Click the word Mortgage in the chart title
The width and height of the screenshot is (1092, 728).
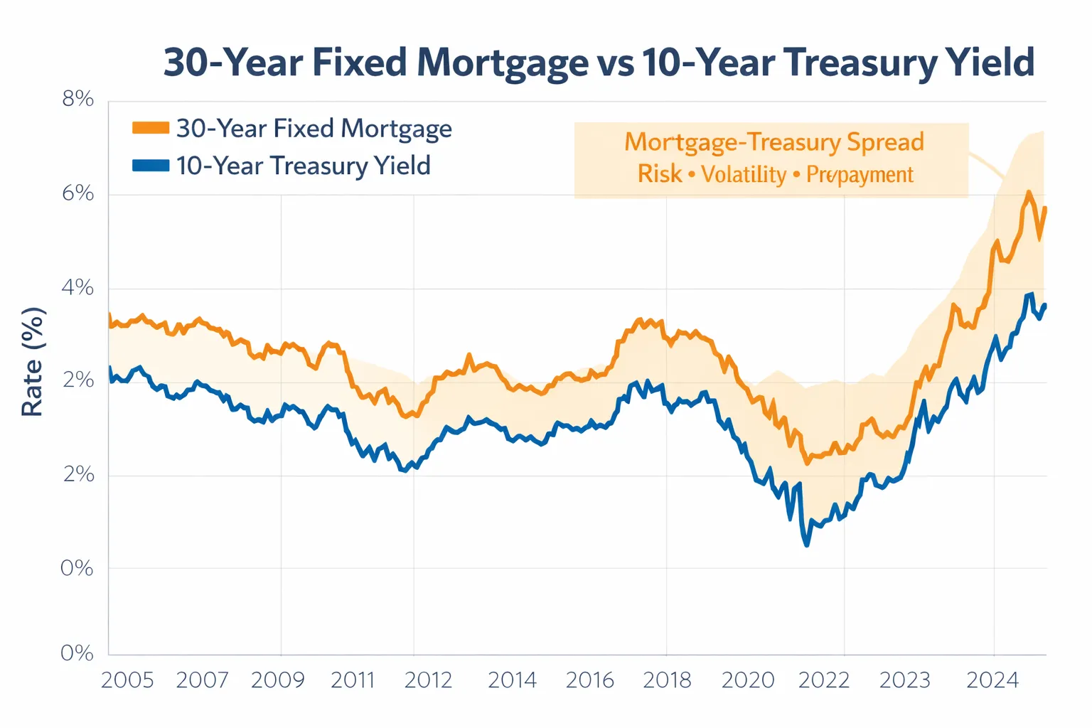502,63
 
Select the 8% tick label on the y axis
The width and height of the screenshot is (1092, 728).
78,100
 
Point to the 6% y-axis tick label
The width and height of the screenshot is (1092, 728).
78,193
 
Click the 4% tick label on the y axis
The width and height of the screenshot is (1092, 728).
78,288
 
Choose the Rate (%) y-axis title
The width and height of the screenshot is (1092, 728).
33,362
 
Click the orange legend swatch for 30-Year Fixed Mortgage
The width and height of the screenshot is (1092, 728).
151,128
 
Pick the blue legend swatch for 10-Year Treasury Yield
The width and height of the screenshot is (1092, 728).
151,166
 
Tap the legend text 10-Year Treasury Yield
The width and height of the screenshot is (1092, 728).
304,166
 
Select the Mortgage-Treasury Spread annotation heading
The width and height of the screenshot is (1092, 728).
774,142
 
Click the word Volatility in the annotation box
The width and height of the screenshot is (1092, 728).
744,174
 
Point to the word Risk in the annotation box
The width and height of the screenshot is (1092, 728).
659,174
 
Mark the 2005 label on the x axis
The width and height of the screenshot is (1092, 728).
127,680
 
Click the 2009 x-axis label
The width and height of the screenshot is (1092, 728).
277,680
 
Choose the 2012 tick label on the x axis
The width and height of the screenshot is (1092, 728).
428,680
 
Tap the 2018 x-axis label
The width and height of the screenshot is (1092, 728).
667,680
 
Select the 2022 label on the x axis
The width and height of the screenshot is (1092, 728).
824,680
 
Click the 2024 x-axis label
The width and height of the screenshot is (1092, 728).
992,680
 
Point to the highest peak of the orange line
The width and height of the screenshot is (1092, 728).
1028,192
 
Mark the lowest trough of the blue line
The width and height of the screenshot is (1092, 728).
806,545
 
